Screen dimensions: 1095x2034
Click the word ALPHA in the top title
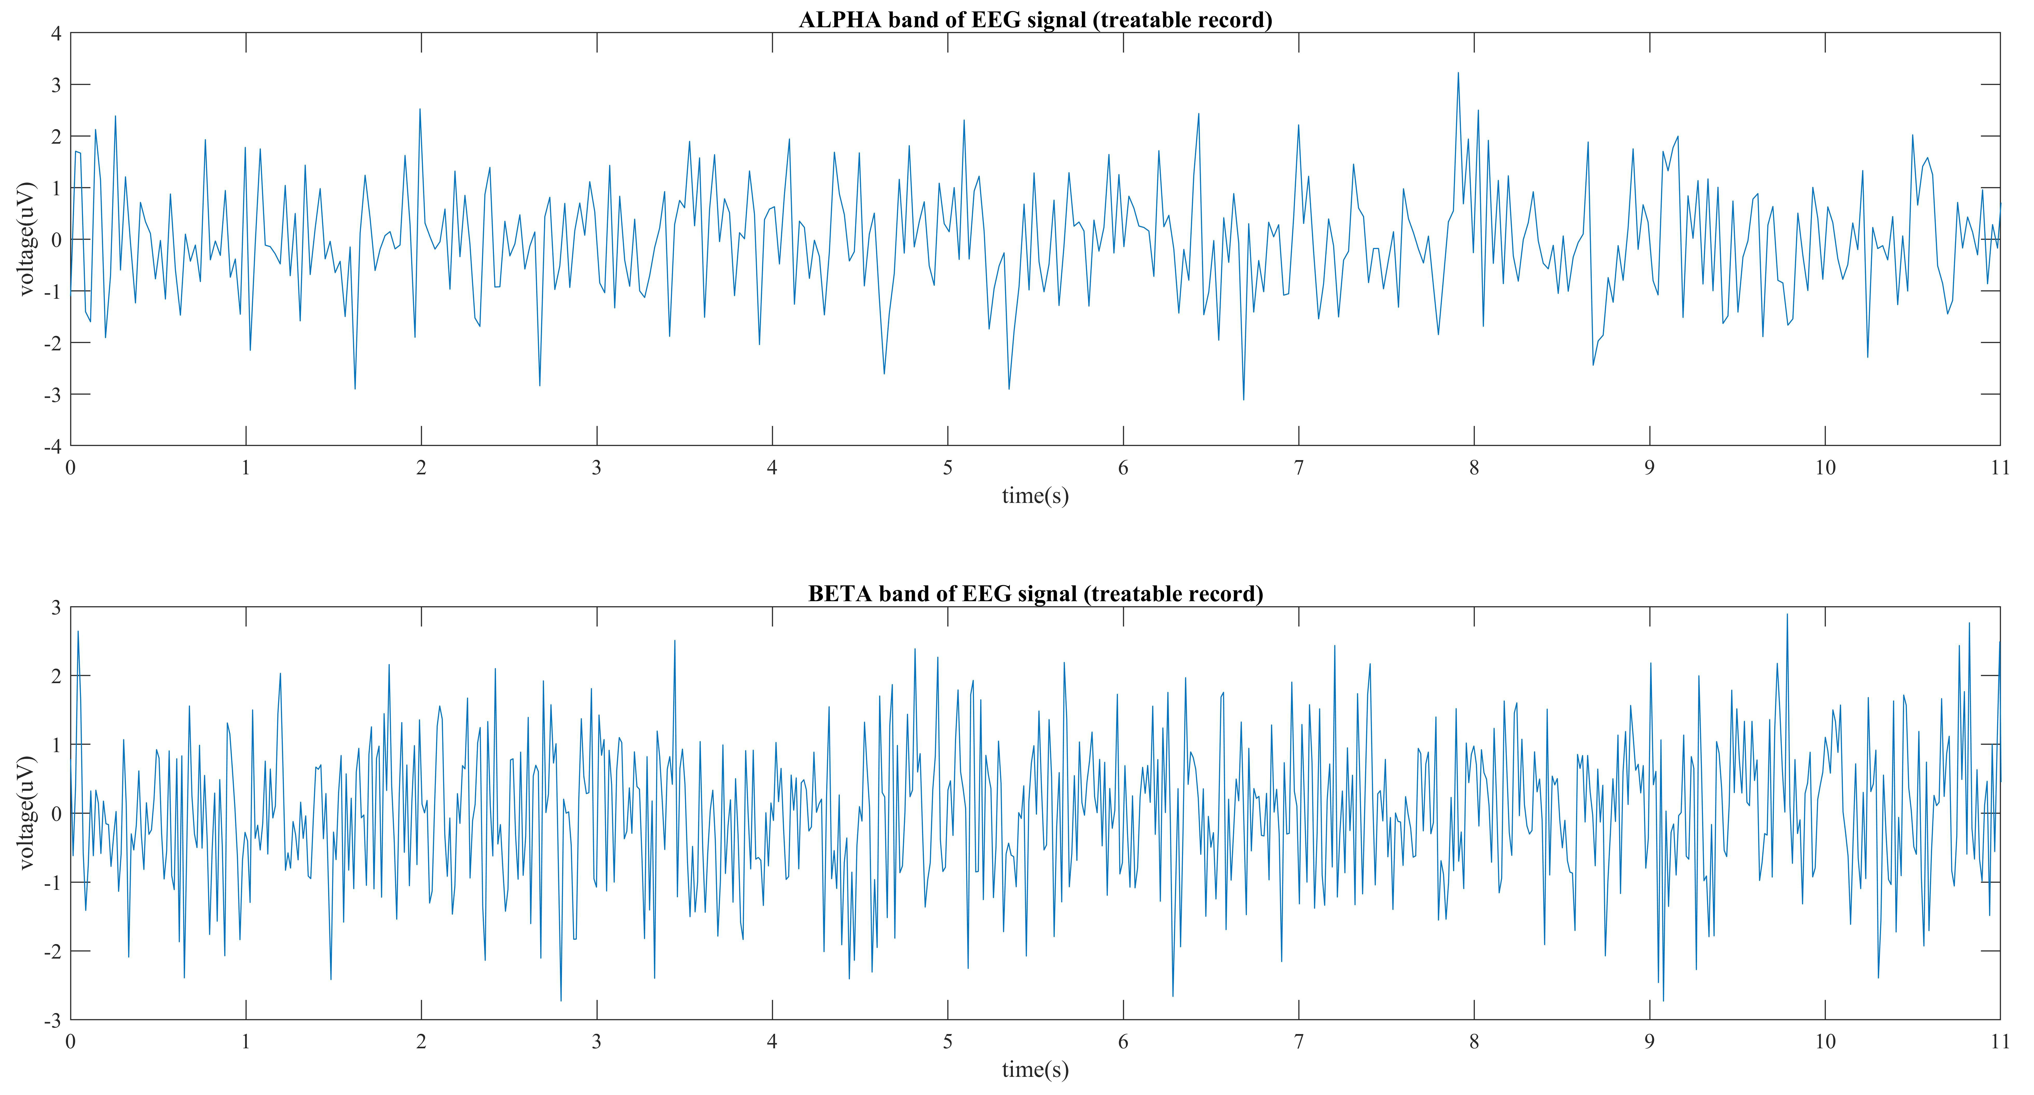point(839,20)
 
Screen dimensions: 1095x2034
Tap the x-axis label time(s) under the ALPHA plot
point(1034,496)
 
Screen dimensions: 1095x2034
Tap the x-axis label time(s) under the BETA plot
point(1034,1070)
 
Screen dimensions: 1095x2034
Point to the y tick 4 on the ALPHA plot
point(56,33)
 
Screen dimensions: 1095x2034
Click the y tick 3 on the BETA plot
point(56,607)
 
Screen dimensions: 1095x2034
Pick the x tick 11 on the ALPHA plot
point(1999,467)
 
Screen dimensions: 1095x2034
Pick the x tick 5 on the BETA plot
point(947,1041)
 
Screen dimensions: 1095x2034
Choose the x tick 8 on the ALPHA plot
point(1473,467)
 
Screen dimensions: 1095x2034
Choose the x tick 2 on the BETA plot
point(421,1041)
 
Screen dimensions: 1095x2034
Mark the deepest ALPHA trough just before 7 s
point(1243,399)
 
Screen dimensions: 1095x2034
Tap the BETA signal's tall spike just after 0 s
point(77,632)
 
